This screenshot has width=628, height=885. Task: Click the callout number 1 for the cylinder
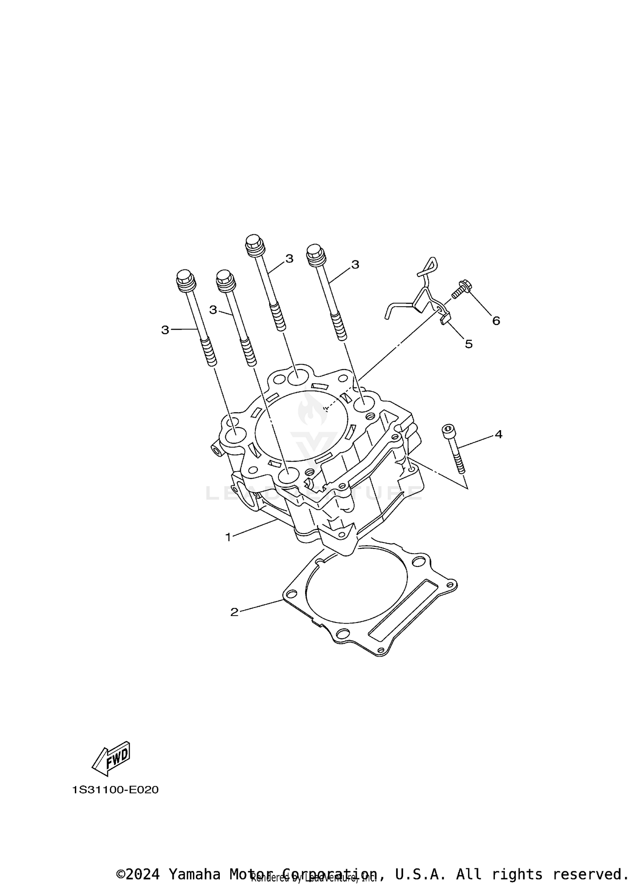[228, 537]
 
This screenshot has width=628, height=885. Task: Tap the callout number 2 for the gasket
[234, 612]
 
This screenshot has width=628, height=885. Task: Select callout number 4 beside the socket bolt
[498, 434]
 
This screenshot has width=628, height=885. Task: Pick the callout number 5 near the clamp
[469, 344]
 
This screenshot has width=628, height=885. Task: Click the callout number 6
[496, 321]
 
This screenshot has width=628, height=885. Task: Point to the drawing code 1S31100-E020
[116, 790]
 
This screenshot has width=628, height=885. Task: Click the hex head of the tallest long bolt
[253, 243]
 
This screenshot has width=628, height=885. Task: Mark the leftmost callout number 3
[165, 330]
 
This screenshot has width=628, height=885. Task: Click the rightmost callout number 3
[355, 264]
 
